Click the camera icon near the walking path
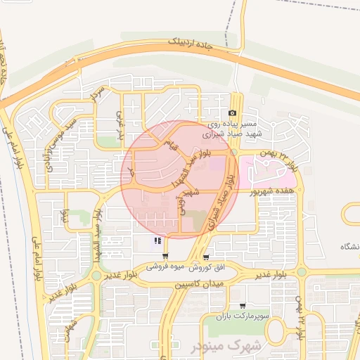click(233, 113)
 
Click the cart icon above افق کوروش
click(205, 257)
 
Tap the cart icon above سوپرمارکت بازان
click(243, 306)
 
